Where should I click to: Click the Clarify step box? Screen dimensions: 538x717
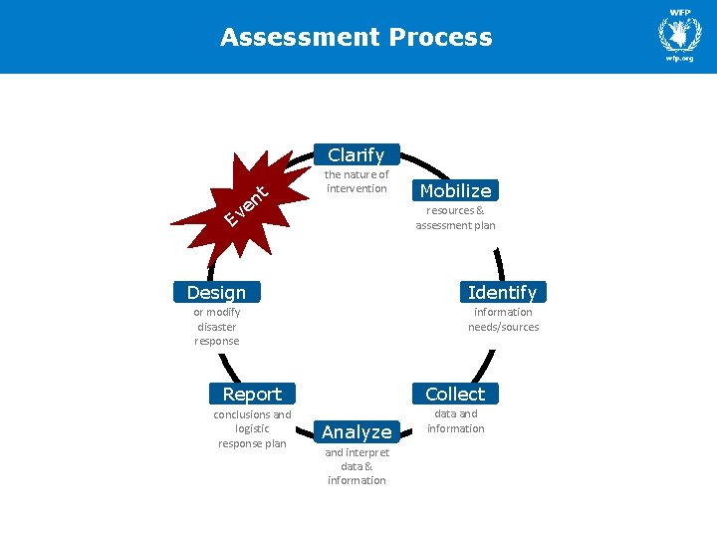356,154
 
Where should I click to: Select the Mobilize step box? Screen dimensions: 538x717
455,190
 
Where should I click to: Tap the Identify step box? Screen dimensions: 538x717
502,292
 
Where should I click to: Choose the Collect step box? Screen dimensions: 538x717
455,394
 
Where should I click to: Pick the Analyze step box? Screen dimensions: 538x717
357,431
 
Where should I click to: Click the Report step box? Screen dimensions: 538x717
252,394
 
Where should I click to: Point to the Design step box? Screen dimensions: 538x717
216,292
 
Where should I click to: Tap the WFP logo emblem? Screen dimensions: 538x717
679,34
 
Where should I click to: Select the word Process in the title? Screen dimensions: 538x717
440,38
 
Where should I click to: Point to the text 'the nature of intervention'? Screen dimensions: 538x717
357,181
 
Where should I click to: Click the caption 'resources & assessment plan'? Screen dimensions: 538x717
455,218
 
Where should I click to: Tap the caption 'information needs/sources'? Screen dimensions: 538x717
503,319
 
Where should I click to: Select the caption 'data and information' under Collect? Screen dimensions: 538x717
455,420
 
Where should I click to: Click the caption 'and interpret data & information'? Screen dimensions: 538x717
357,466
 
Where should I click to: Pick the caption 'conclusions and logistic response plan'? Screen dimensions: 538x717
252,428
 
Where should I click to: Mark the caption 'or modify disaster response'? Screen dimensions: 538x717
216,326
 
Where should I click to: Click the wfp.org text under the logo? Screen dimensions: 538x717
679,59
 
